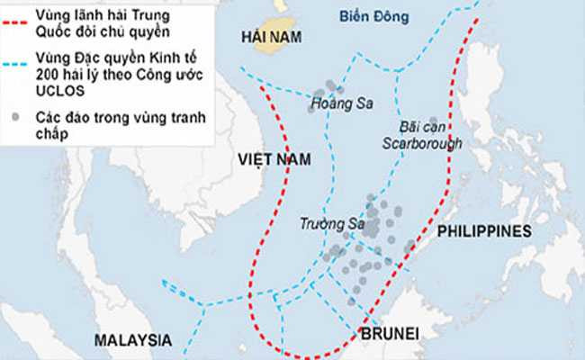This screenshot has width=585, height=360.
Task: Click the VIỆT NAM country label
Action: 274,159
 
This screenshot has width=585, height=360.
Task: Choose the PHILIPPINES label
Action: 484,231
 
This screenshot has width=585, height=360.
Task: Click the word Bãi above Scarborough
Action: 409,128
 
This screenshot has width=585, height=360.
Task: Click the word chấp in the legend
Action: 53,134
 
